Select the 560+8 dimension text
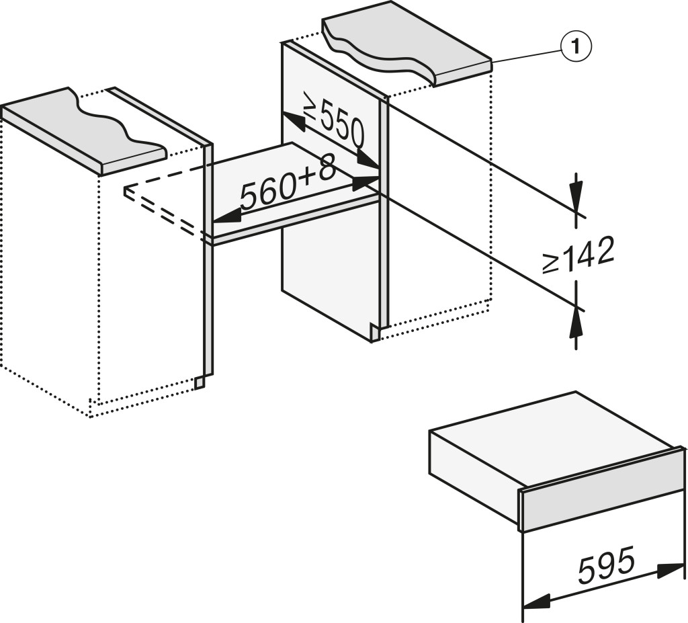pyautogui.click(x=288, y=186)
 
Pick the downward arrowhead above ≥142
pyautogui.click(x=576, y=192)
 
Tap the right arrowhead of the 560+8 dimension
pyautogui.click(x=367, y=181)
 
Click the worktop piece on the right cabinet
pyautogui.click(x=410, y=50)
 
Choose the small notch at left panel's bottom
pyautogui.click(x=199, y=382)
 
